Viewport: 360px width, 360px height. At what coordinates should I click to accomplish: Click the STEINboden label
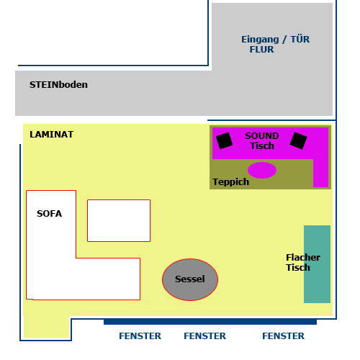(58, 85)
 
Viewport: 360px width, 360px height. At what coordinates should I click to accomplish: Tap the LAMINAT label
(52, 135)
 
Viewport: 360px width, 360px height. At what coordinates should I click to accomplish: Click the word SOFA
(49, 214)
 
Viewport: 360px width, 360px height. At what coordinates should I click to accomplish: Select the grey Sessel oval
(190, 279)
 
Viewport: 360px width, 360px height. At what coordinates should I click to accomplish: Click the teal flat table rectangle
(317, 264)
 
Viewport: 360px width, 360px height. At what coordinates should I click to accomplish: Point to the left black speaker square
(224, 140)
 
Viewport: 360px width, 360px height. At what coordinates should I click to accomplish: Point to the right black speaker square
(298, 140)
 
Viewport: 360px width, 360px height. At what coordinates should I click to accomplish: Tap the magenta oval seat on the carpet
(262, 170)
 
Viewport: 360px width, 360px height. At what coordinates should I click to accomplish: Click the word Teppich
(231, 182)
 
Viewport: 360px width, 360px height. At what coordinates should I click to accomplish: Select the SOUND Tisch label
(262, 141)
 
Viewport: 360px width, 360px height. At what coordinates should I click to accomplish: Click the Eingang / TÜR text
(275, 40)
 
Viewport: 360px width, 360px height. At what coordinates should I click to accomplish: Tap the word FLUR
(261, 50)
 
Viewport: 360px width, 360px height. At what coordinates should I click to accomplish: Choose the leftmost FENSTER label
(140, 336)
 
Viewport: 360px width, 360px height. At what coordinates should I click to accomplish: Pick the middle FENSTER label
(205, 336)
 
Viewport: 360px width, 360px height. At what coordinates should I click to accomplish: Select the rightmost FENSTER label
(284, 336)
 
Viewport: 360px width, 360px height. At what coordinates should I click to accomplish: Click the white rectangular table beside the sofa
(119, 220)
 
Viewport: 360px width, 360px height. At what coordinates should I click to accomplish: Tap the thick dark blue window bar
(210, 322)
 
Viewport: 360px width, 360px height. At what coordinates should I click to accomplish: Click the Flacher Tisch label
(303, 263)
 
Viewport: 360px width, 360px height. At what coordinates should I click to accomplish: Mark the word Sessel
(190, 279)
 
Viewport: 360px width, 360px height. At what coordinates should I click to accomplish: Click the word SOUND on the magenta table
(262, 136)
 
